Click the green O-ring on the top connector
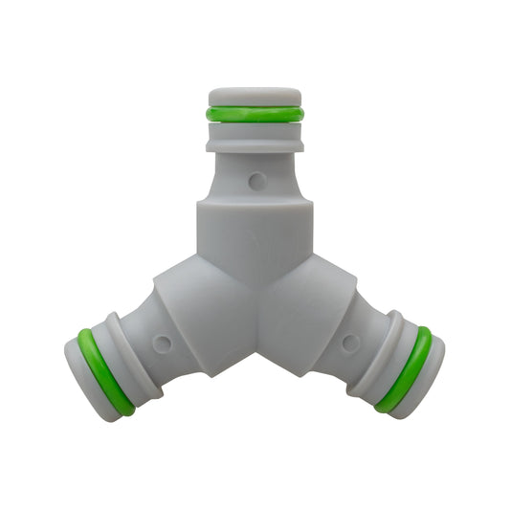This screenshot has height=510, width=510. click(x=255, y=114)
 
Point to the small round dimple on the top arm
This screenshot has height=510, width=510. click(x=255, y=179)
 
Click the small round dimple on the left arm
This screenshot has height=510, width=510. click(x=162, y=342)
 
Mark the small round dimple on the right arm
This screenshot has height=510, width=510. click(x=350, y=342)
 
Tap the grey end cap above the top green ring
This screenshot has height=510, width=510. click(x=255, y=97)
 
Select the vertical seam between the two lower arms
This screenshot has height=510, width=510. click(x=255, y=325)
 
